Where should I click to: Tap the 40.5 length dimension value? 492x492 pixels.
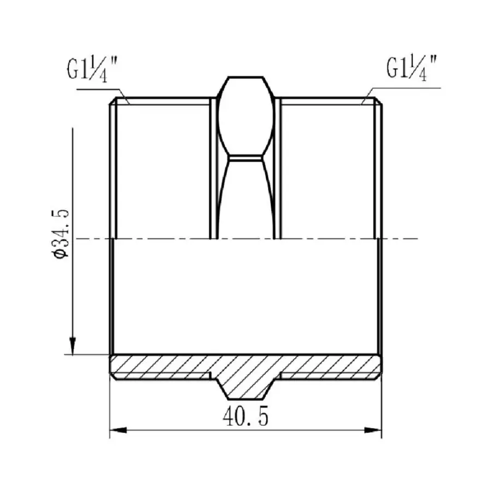click(245, 417)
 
